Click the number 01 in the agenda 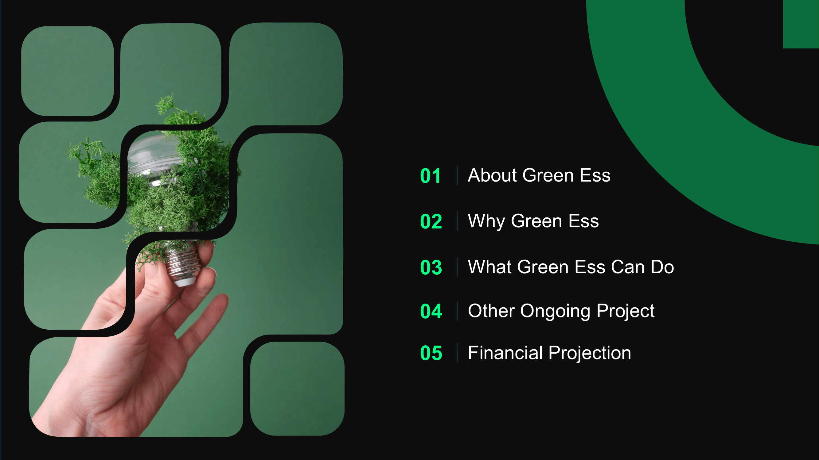[430, 176]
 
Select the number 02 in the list [431, 222]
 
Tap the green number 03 [431, 267]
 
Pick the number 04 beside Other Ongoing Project [431, 312]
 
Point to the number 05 [431, 353]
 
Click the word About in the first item [493, 175]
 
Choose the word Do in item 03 [663, 267]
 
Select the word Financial [505, 353]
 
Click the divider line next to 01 [457, 175]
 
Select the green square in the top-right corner [801, 24]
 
